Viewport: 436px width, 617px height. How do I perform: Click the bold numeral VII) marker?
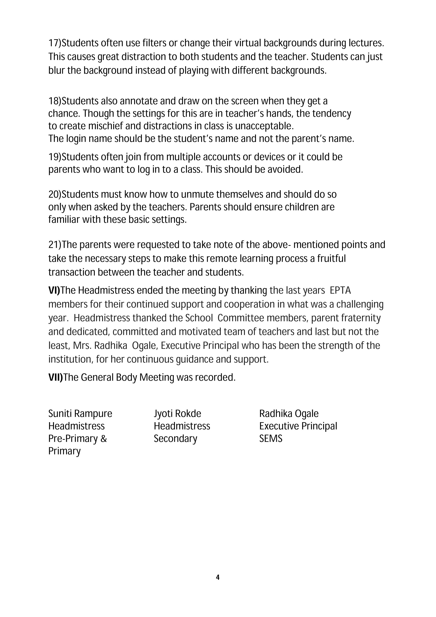pyautogui.click(x=55, y=377)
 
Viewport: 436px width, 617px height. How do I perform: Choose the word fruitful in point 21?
pyautogui.click(x=331, y=258)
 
